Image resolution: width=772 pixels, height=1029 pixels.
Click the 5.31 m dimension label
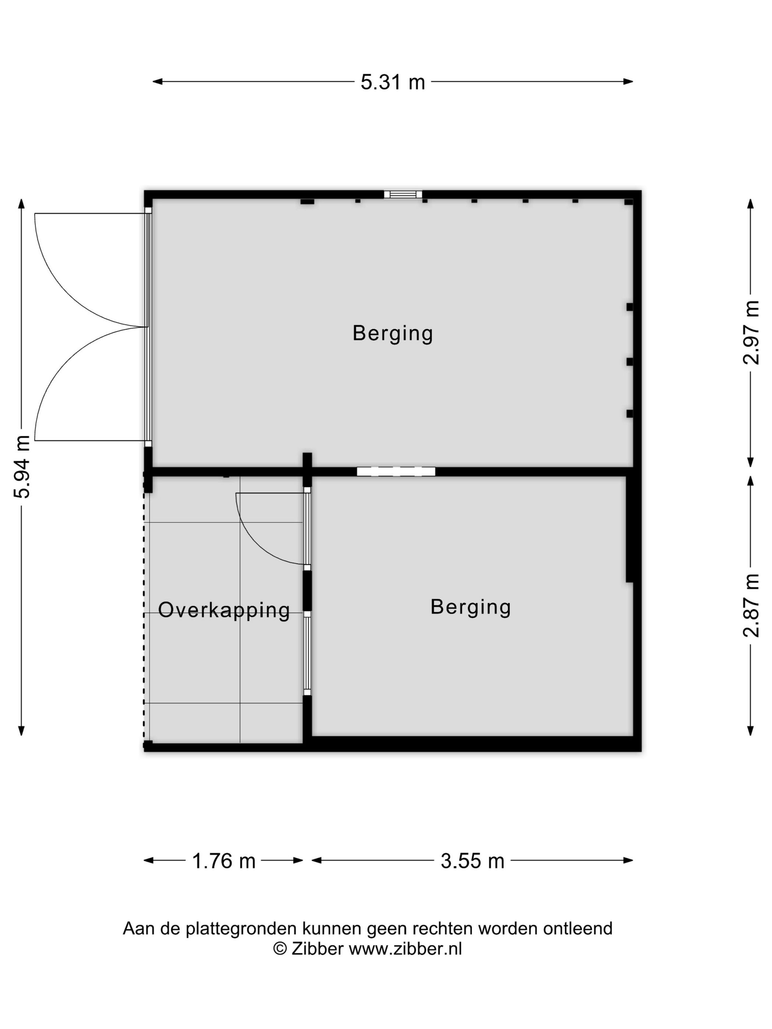tap(392, 82)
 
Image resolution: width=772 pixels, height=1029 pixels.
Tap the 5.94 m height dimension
tap(22, 467)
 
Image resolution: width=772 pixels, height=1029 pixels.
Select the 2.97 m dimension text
tap(751, 332)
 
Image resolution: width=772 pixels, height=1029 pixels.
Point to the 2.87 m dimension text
tap(751, 605)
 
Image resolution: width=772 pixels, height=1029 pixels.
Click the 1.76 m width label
tap(224, 861)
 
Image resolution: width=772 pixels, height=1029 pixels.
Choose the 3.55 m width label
tap(472, 861)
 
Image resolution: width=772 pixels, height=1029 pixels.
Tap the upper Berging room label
tap(393, 334)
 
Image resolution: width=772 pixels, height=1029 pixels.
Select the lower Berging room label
tap(471, 607)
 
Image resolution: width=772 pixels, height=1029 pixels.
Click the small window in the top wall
tap(403, 194)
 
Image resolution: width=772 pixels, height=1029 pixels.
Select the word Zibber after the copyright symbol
tap(318, 949)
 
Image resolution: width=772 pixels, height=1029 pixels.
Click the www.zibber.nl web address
tap(405, 949)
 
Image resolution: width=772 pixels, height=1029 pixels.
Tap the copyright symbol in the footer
tap(280, 949)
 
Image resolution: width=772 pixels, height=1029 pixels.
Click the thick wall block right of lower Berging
tap(630, 529)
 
